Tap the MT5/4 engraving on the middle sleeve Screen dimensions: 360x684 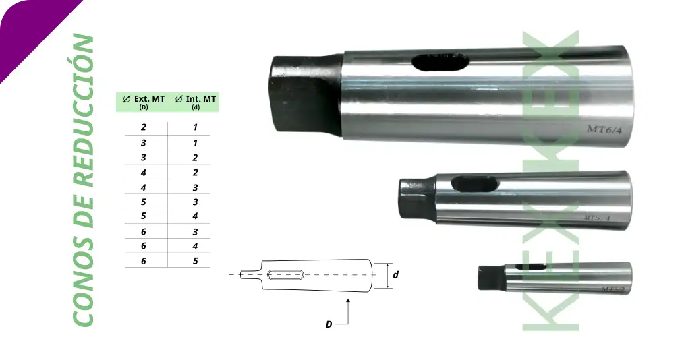point(596,218)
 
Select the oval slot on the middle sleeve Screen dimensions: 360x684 point(473,183)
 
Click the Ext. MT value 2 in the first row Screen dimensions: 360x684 point(144,127)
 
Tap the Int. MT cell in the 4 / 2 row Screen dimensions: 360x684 point(195,172)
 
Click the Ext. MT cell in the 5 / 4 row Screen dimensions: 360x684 point(144,216)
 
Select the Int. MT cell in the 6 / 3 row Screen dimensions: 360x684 point(195,231)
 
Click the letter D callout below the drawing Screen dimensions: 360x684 point(329,324)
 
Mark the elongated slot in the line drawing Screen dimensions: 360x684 point(285,274)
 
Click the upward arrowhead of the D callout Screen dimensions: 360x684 point(347,301)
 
